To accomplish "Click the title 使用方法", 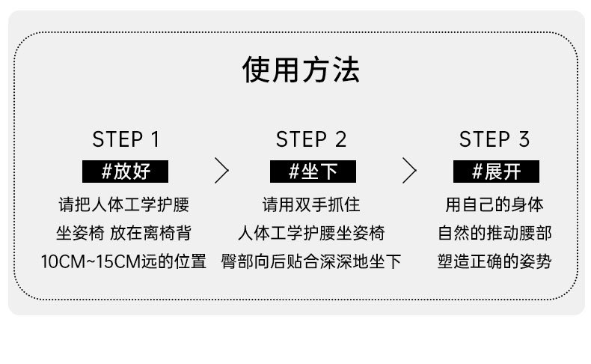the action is tap(301, 70).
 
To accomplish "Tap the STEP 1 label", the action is tap(126, 139).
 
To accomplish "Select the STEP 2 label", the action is tap(311, 139).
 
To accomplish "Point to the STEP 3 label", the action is tap(494, 139).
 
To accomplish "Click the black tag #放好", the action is tap(125, 172).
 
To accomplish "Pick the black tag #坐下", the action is tap(312, 172).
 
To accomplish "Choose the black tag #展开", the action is tap(496, 172).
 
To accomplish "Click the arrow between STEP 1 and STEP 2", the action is tap(221, 171).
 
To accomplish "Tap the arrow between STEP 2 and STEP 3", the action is tap(408, 171).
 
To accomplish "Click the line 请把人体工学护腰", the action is tap(123, 204).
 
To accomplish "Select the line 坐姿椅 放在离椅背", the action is tap(123, 233).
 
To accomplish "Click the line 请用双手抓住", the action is tap(311, 204).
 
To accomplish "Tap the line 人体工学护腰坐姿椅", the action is tap(311, 233).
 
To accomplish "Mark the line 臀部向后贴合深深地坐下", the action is tap(311, 261).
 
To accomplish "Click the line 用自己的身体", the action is tap(494, 204).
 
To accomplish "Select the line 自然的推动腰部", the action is tap(494, 233).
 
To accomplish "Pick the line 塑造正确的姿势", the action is tap(494, 261).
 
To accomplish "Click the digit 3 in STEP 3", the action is tap(523, 139).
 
